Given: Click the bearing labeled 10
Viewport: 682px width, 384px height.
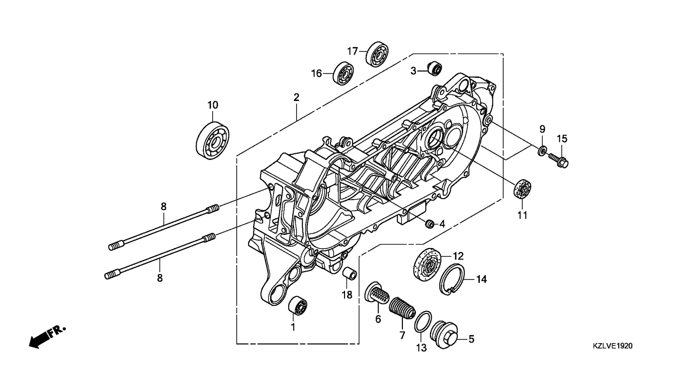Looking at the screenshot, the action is click(x=213, y=140).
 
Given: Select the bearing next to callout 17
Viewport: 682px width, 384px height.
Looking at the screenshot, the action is click(x=377, y=53).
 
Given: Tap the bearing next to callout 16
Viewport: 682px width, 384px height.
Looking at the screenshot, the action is click(x=343, y=73).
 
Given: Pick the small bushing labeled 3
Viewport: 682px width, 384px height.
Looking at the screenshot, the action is click(x=434, y=68).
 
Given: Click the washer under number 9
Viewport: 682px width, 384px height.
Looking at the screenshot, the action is click(x=542, y=150).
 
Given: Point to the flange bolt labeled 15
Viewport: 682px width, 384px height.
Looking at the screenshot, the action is click(x=559, y=160).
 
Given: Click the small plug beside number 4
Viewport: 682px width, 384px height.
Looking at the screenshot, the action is click(x=429, y=224).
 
